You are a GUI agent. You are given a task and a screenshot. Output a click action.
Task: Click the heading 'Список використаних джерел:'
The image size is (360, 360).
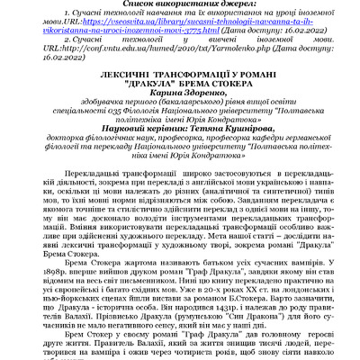[180, 5]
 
